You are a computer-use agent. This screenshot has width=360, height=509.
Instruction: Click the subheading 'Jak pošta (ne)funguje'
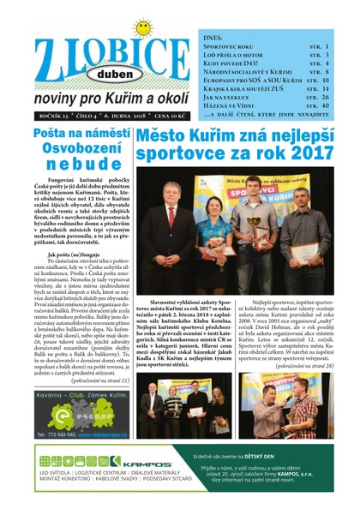59,255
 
